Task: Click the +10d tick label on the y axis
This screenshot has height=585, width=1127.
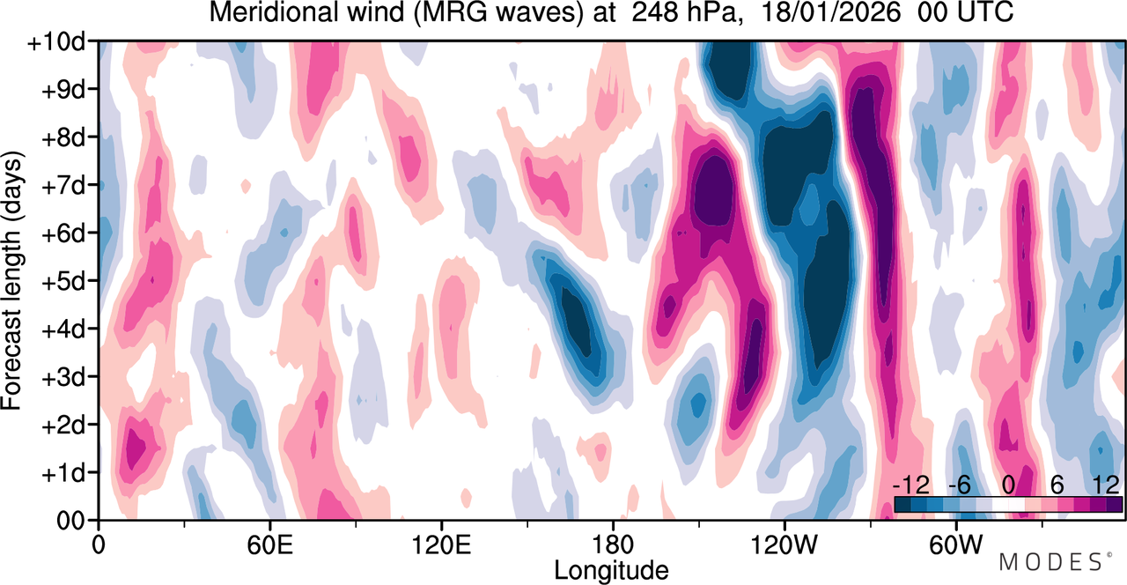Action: (x=56, y=43)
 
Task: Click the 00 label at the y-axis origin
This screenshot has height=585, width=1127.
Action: (x=70, y=522)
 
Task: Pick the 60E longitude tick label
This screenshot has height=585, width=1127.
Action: (x=269, y=545)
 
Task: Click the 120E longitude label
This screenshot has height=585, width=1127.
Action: (x=441, y=545)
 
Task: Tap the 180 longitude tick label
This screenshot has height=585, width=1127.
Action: (x=613, y=545)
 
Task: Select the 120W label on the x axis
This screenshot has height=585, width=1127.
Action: (x=784, y=545)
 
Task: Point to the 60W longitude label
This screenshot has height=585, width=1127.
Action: (x=955, y=545)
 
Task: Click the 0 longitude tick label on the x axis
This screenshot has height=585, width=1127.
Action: (x=99, y=545)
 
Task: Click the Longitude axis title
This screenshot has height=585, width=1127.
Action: (x=611, y=571)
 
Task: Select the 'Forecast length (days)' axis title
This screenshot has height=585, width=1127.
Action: (x=12, y=280)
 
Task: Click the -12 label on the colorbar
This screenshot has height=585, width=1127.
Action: (x=911, y=485)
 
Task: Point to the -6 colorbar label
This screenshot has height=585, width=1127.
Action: (x=959, y=485)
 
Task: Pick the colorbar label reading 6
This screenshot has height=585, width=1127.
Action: (x=1057, y=485)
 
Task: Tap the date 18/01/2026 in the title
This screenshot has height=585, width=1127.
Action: (x=830, y=12)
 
